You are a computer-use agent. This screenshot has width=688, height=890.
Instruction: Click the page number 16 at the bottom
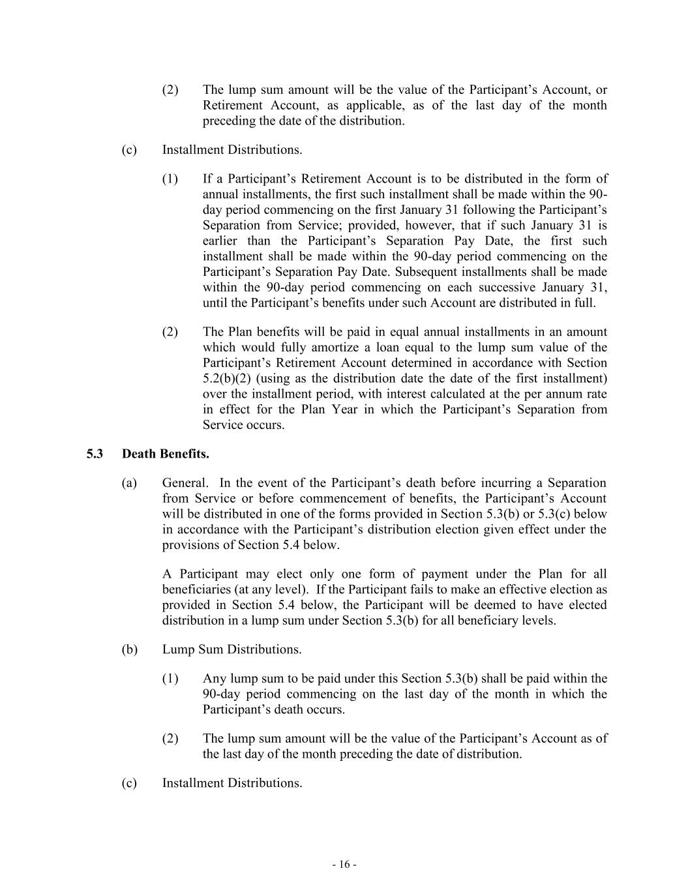(x=344, y=865)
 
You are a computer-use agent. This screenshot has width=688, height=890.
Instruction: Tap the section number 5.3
(x=95, y=454)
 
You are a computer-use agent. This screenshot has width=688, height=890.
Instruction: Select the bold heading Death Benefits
(x=166, y=454)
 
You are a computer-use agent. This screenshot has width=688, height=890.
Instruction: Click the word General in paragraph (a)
(x=185, y=483)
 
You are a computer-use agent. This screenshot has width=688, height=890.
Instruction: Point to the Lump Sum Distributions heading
(x=232, y=649)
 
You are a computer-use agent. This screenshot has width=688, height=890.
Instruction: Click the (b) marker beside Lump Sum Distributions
(x=129, y=649)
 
